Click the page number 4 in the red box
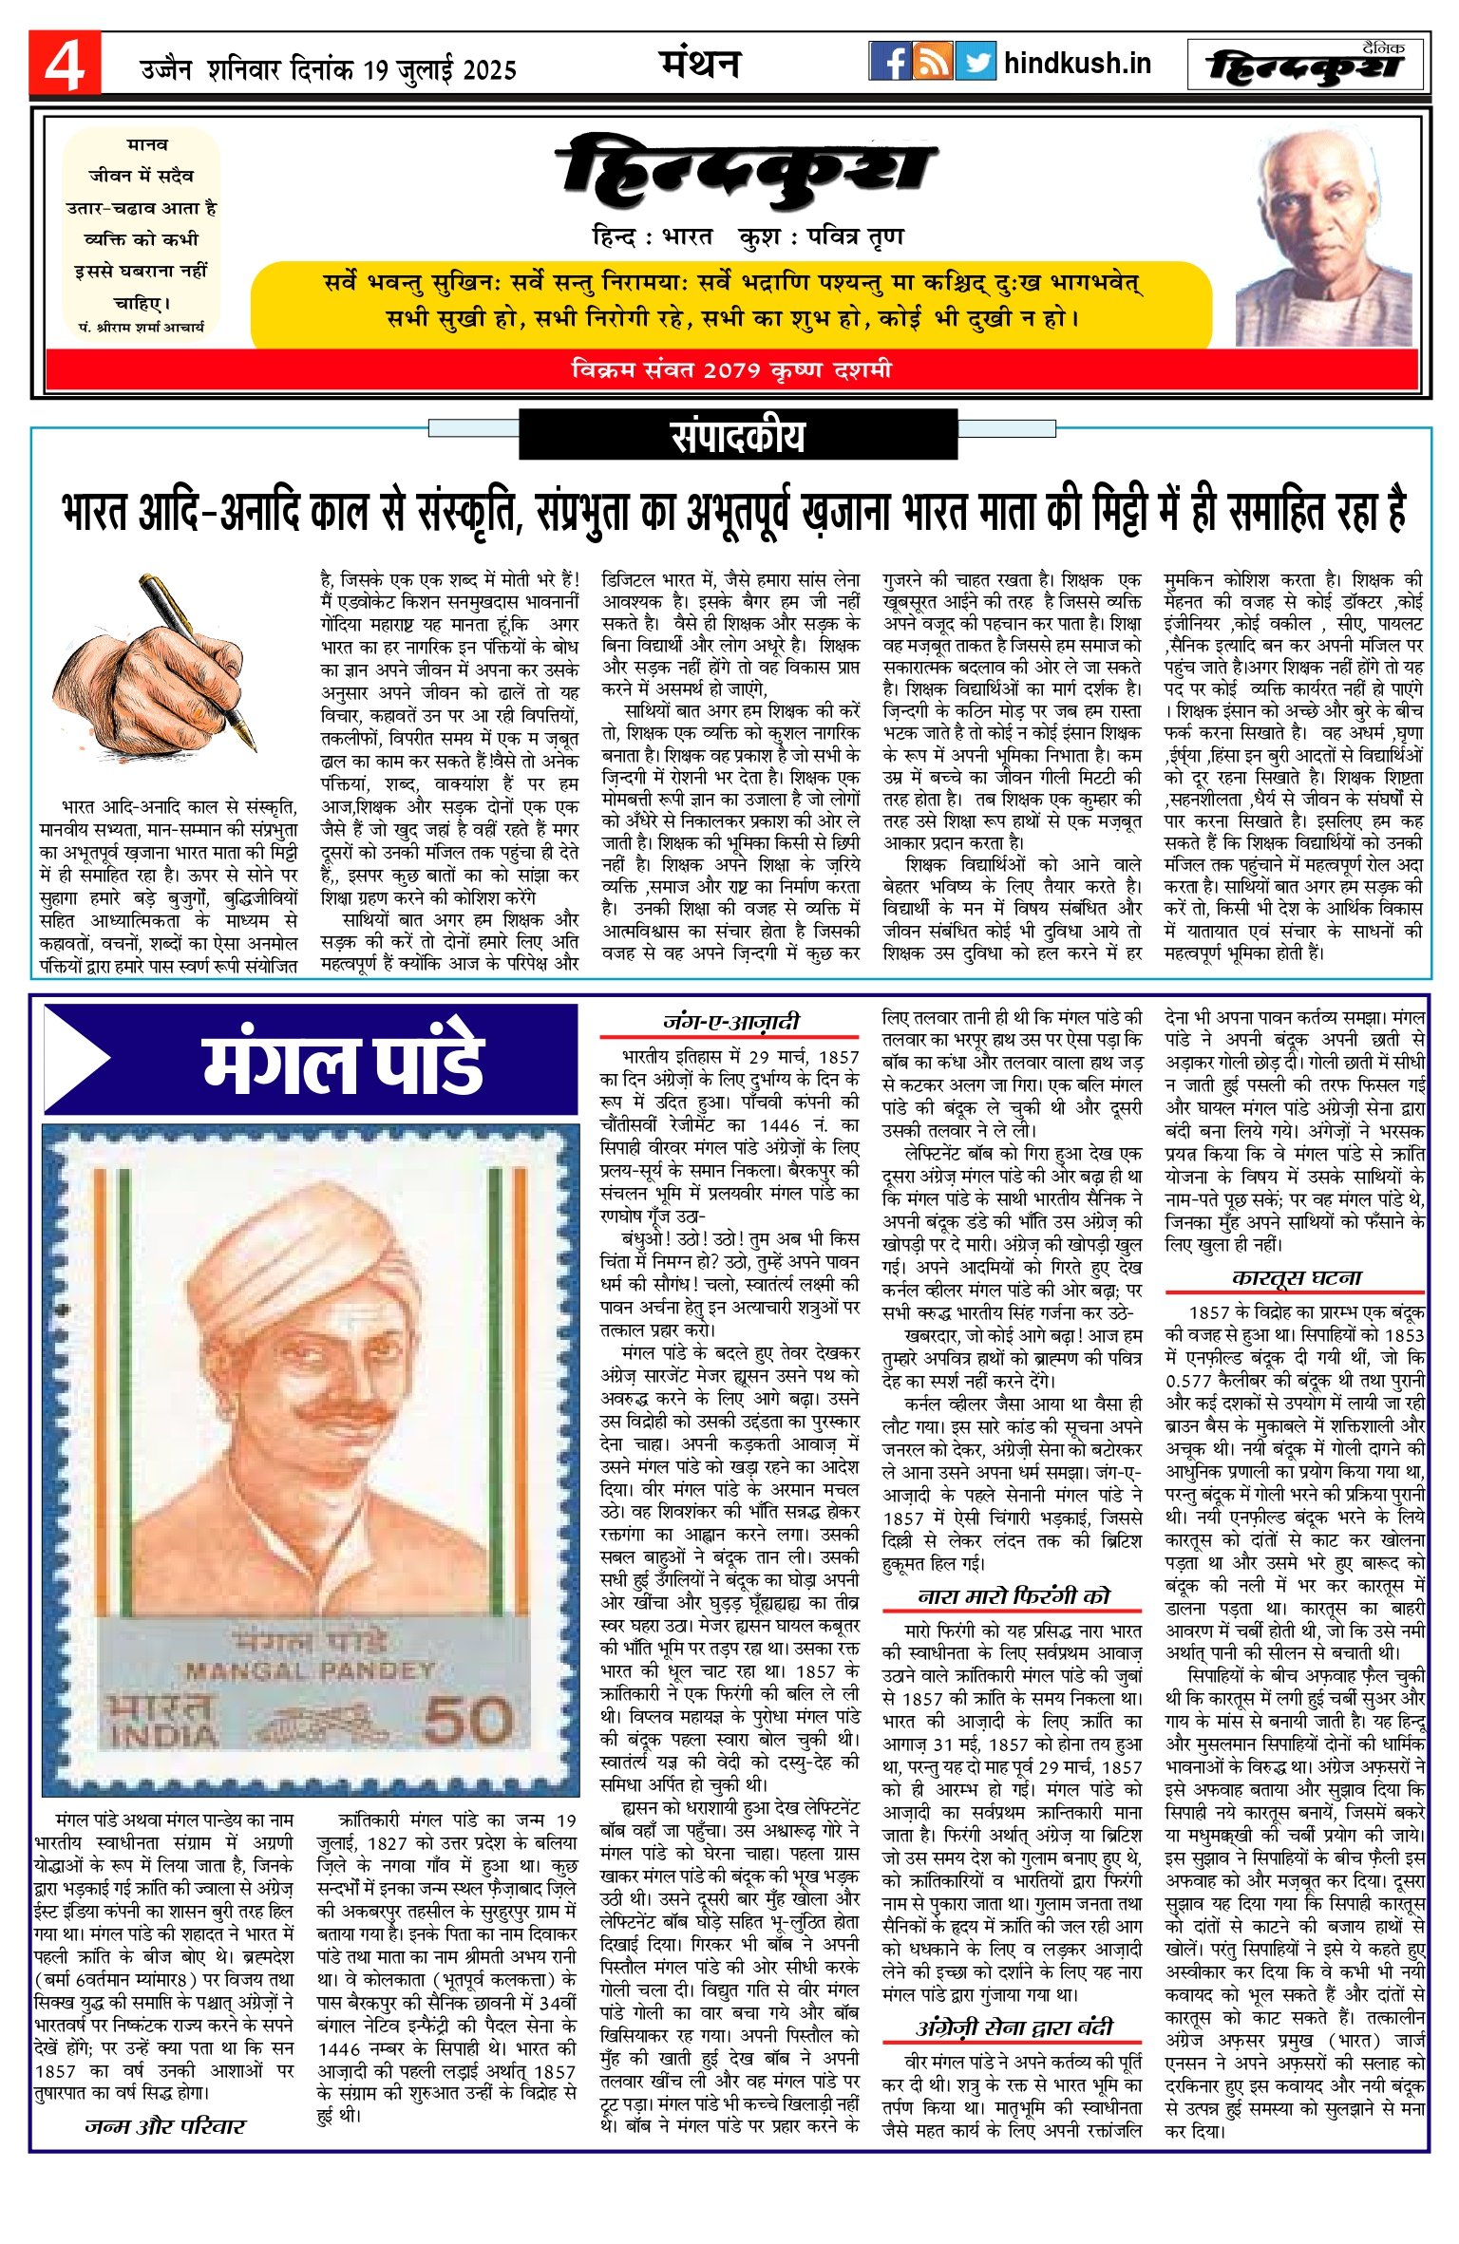(x=64, y=65)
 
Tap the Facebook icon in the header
(x=890, y=62)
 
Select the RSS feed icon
(x=933, y=62)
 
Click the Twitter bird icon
(x=976, y=62)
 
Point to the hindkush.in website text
(x=1077, y=64)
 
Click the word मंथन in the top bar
(x=700, y=64)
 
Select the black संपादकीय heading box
(x=738, y=437)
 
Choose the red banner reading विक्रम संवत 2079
(x=731, y=370)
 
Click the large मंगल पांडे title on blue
(x=344, y=1060)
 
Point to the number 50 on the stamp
(x=468, y=1720)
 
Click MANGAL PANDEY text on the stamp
(x=311, y=1670)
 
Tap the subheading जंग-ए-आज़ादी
(x=730, y=1022)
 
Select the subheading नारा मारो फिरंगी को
(x=1014, y=1596)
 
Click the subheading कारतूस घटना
(x=1297, y=1278)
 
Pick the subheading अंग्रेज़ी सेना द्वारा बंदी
(x=1014, y=2027)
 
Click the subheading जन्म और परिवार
(x=166, y=2126)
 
